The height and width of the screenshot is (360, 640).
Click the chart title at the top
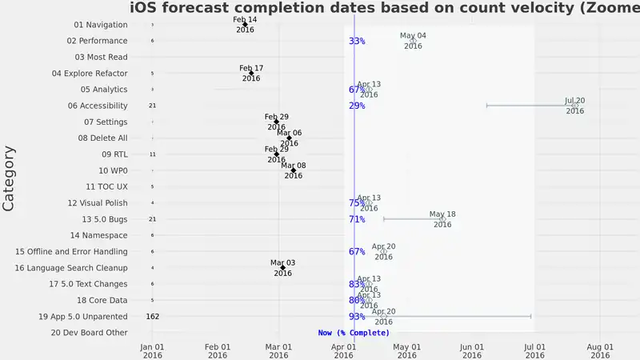coord(384,9)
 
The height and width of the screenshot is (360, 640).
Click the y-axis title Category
coord(10,178)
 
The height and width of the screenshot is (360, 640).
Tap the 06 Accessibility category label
coord(98,106)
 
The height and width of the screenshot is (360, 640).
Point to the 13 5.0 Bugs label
coord(104,219)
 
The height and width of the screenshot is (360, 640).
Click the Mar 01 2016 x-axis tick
coord(278,350)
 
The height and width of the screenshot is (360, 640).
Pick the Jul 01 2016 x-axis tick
coord(534,350)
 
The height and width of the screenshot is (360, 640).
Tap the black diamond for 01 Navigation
coord(246,25)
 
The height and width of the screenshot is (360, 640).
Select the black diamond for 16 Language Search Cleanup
coord(282,268)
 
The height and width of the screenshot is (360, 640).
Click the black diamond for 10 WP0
coord(294,170)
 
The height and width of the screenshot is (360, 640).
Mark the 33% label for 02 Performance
coord(357,41)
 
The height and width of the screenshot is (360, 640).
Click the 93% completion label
coord(357,317)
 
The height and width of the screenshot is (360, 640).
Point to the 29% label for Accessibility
coord(357,106)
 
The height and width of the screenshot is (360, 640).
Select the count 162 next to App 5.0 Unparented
coord(153,317)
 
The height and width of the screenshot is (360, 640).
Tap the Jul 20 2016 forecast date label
coord(575,106)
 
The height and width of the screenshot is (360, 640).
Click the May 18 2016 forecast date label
coord(442,219)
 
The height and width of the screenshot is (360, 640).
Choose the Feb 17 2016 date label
coord(251,73)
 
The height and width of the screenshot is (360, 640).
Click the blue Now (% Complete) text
coord(354,332)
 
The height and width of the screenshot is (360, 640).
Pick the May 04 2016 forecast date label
coord(413,41)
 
